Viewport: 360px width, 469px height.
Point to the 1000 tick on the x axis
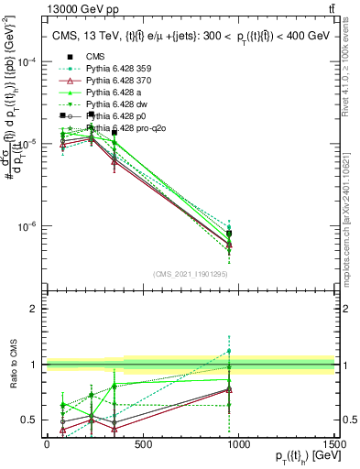point(238,442)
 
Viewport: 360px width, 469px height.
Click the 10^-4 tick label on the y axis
point(25,61)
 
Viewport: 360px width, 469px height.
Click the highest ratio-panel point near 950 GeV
point(229,351)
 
